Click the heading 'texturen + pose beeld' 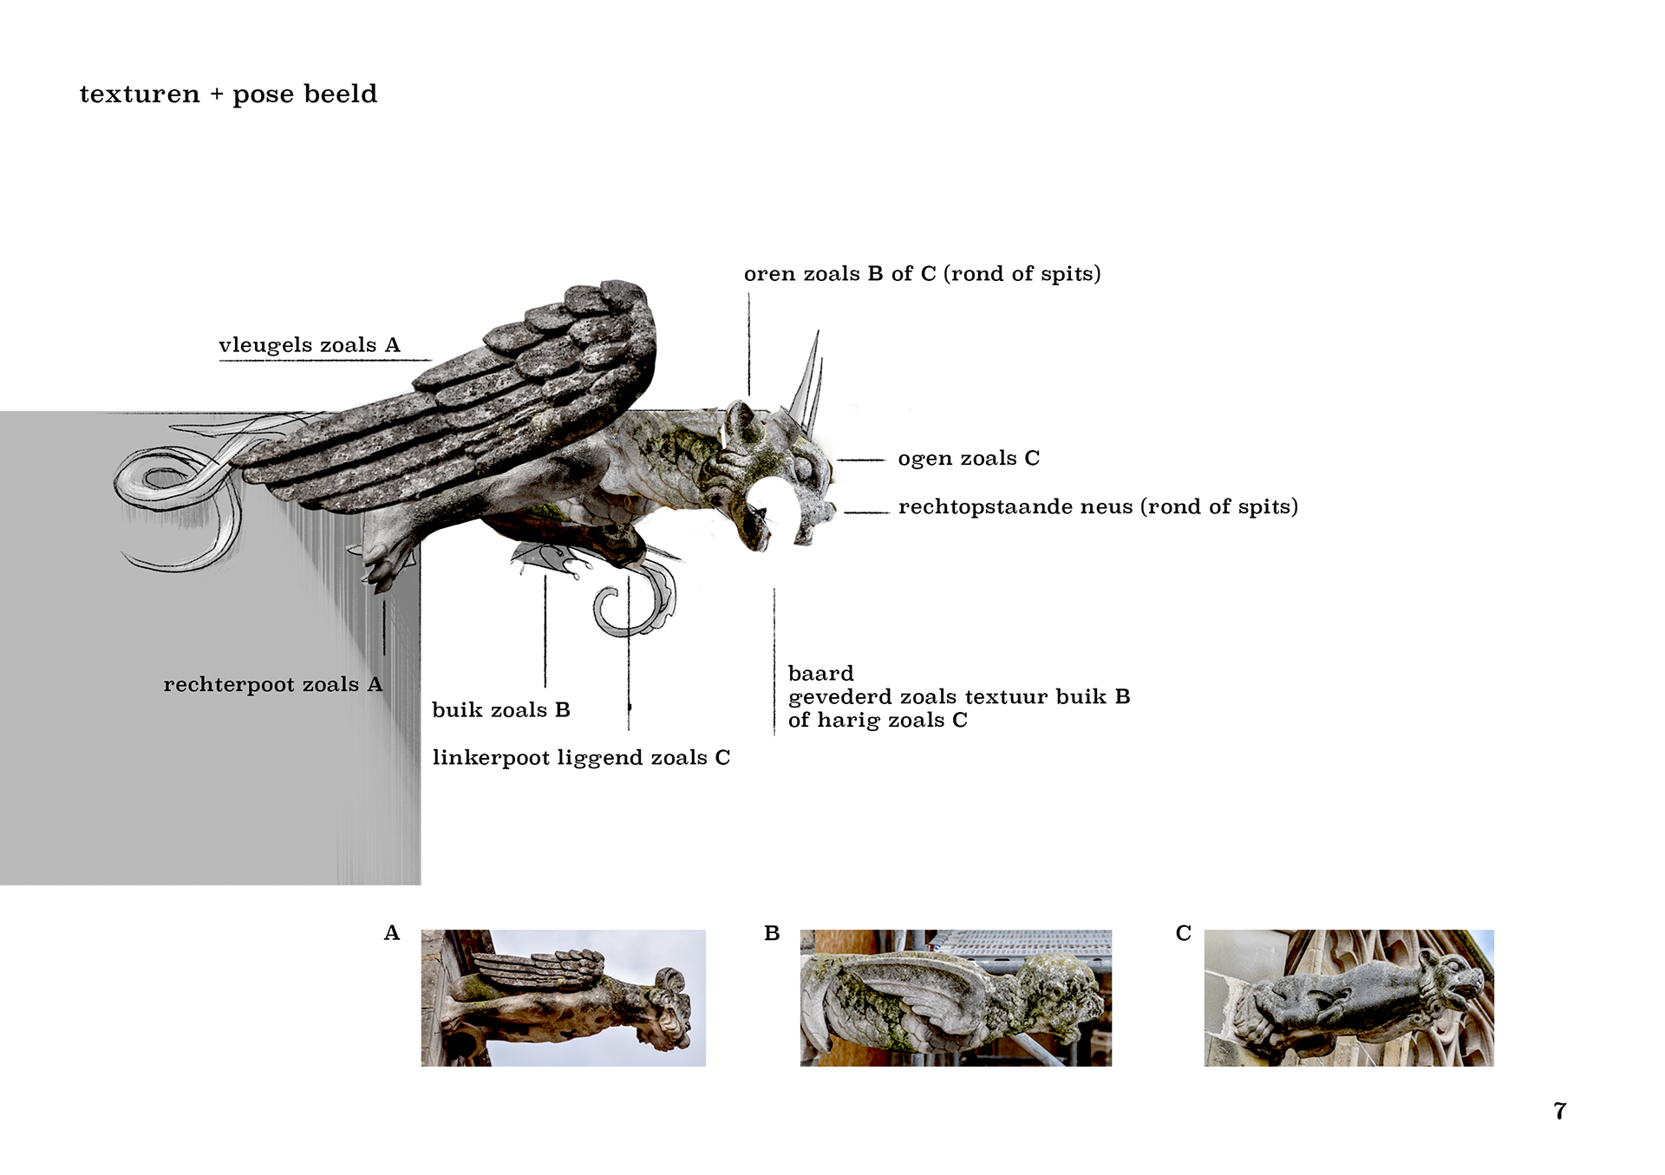tap(228, 94)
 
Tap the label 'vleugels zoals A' tap(310, 345)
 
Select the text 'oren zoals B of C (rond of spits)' tap(923, 274)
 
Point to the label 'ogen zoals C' tap(969, 458)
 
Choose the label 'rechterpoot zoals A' tap(273, 684)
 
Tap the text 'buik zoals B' tap(501, 709)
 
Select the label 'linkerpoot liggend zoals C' tap(581, 758)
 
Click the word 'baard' tap(820, 673)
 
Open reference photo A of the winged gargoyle tap(564, 998)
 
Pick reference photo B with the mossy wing tap(956, 998)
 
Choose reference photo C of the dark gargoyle tap(1349, 998)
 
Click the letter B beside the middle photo tap(772, 933)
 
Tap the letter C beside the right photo tap(1184, 933)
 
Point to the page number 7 tap(1560, 1111)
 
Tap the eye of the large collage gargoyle tap(804, 469)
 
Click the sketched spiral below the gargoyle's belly tap(637, 598)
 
